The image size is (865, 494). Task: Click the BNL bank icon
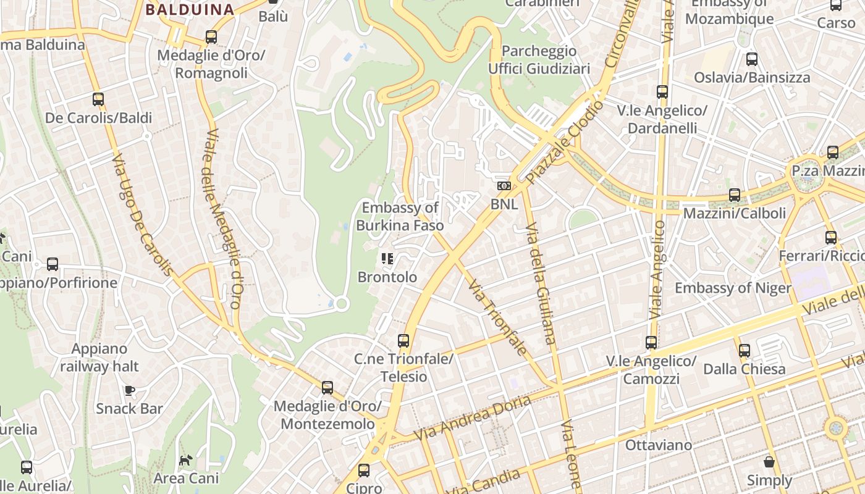(x=504, y=185)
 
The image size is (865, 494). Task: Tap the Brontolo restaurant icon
(x=387, y=259)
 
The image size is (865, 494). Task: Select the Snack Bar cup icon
(x=129, y=390)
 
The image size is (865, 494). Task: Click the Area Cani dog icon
(x=185, y=460)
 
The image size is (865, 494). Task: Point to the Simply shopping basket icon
(x=769, y=462)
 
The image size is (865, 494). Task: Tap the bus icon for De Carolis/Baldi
(x=98, y=99)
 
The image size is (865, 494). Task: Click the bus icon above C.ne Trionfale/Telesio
(x=403, y=340)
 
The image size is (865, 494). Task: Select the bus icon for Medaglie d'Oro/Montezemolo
(x=327, y=388)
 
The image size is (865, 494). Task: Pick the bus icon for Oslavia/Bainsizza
(x=751, y=59)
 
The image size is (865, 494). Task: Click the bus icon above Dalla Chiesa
(x=745, y=351)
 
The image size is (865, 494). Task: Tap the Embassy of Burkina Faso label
(x=400, y=217)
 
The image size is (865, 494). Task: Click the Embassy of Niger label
(x=733, y=288)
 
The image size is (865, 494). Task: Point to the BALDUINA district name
(x=190, y=9)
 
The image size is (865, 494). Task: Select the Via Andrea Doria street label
(x=472, y=418)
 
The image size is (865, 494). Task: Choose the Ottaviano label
(x=658, y=445)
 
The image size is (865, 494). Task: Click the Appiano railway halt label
(x=99, y=358)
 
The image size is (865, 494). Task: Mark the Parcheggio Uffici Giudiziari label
(x=539, y=59)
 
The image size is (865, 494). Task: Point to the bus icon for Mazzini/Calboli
(x=735, y=195)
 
